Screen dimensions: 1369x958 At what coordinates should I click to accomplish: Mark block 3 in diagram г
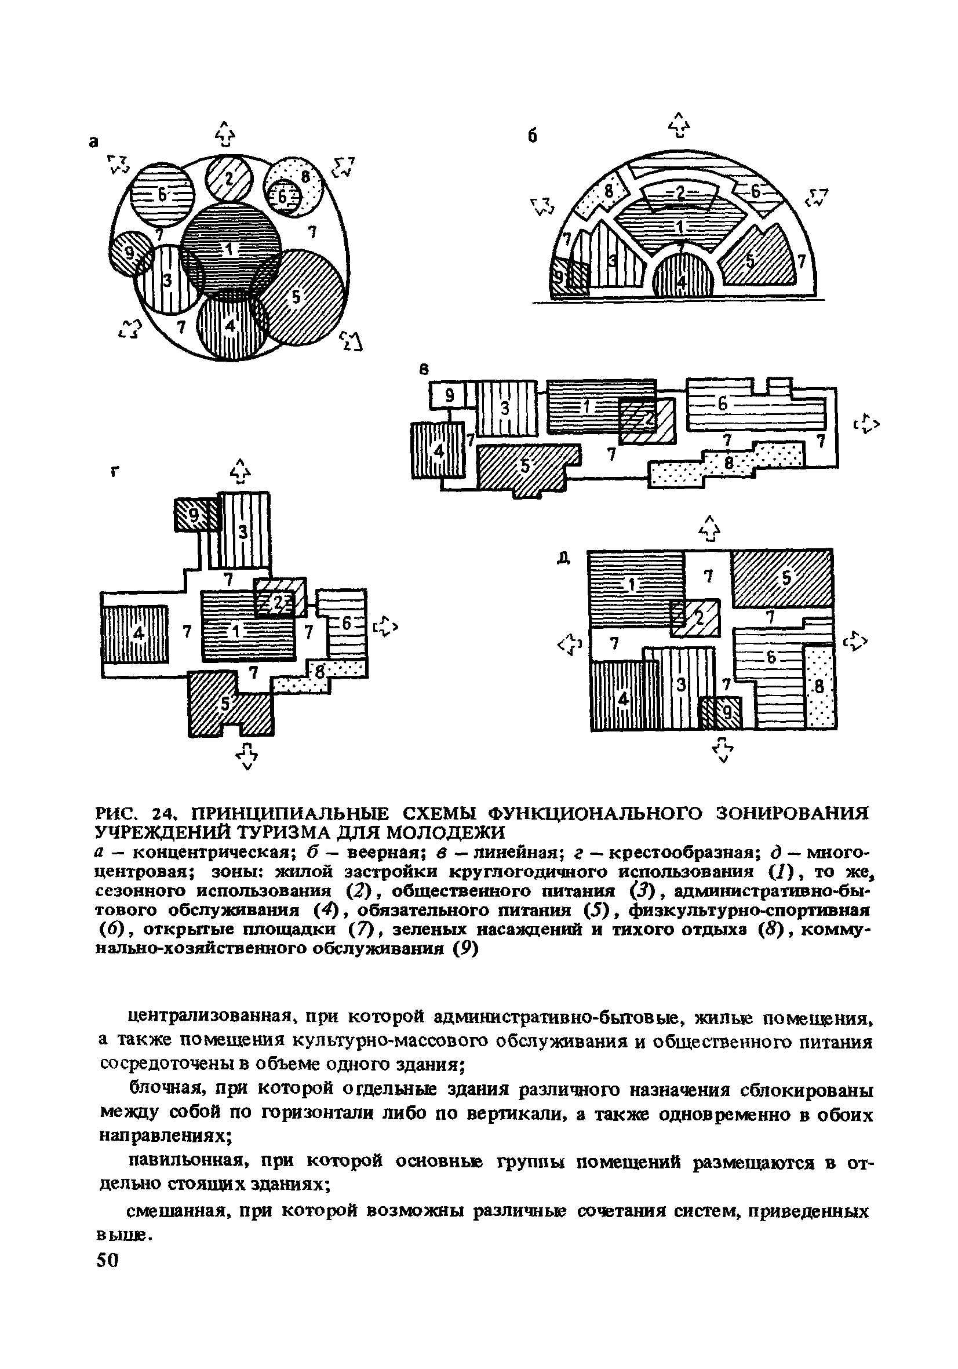click(244, 531)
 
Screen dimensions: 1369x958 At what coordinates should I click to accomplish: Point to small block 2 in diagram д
click(696, 618)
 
